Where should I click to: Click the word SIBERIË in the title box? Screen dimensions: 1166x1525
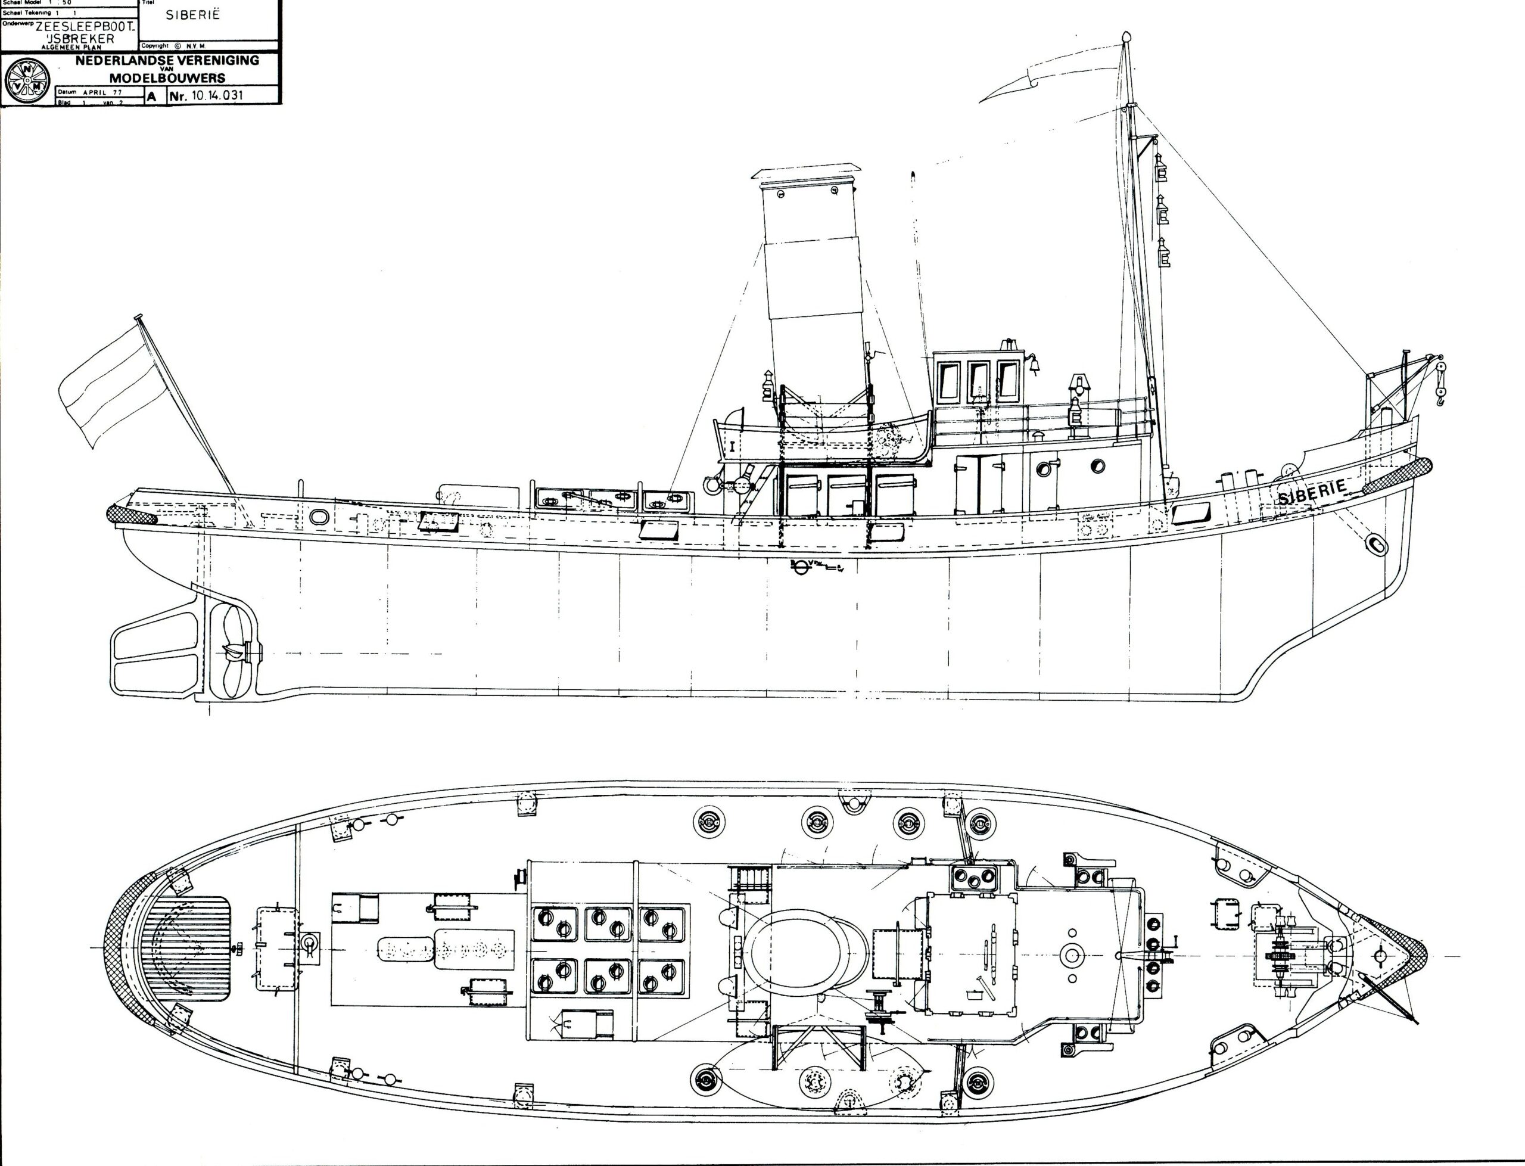[x=193, y=14]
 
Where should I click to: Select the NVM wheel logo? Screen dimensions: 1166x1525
[x=26, y=81]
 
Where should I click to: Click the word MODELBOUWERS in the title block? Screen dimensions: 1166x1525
[x=167, y=77]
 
